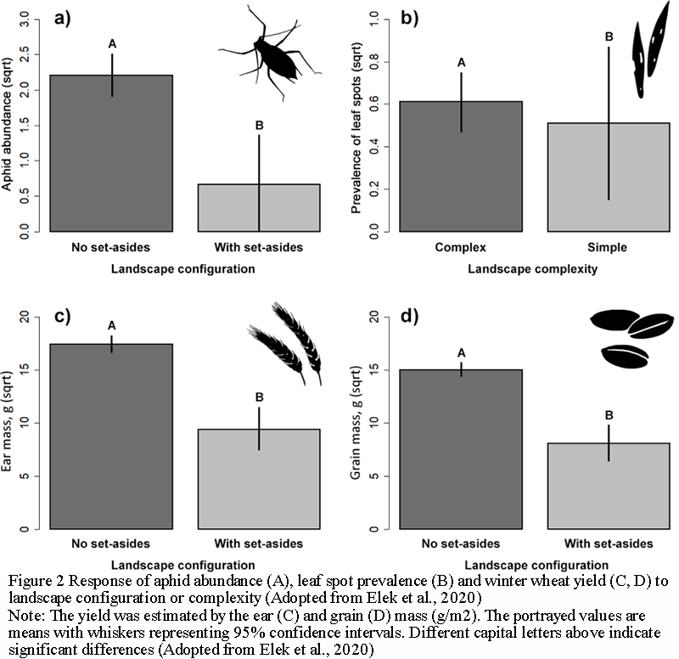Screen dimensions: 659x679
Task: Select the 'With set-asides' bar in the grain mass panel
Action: (x=606, y=485)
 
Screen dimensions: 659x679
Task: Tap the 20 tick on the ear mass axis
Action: (x=36, y=317)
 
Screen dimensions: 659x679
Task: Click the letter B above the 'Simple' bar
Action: (x=607, y=37)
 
